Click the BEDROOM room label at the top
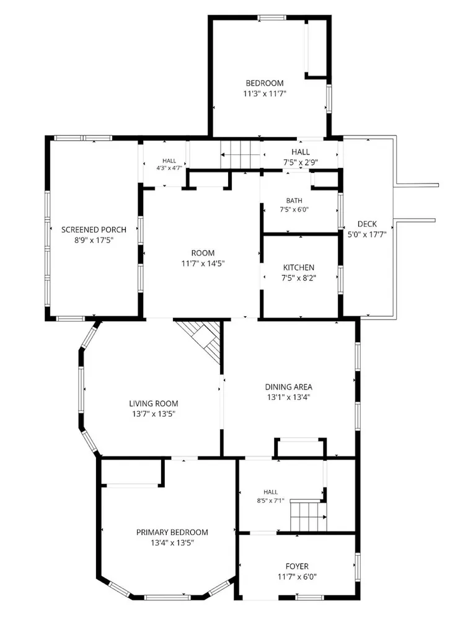[265, 84]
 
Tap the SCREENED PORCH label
[94, 229]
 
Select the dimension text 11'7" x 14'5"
[203, 264]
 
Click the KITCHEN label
[298, 268]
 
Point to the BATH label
[294, 200]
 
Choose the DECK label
[368, 224]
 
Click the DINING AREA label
[289, 387]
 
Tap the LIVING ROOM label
[154, 403]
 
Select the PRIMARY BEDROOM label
[172, 533]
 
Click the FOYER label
[297, 567]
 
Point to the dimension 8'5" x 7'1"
[270, 500]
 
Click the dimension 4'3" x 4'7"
[169, 168]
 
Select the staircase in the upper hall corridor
[240, 154]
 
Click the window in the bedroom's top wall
[272, 17]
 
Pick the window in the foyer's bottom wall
[309, 597]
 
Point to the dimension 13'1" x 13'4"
[289, 397]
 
